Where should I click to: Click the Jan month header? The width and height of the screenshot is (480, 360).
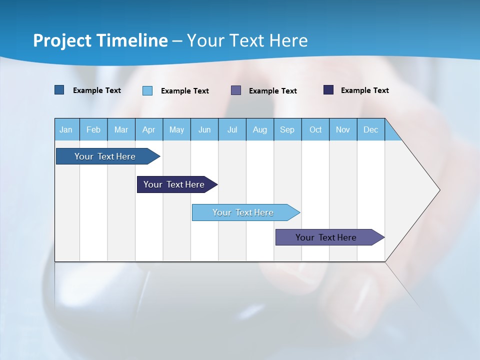pyautogui.click(x=66, y=129)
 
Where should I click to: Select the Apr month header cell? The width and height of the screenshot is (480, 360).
pyautogui.click(x=149, y=129)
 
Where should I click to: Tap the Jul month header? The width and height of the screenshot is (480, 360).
pyautogui.click(x=232, y=129)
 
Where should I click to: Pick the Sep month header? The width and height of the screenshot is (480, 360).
pyautogui.click(x=287, y=129)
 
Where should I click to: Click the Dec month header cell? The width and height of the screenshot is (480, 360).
pyautogui.click(x=371, y=129)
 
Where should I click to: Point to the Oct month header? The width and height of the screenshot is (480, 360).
pyautogui.click(x=315, y=129)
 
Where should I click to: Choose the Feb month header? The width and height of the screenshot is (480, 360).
pyautogui.click(x=93, y=129)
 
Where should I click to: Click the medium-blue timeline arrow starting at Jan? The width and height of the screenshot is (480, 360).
pyautogui.click(x=105, y=156)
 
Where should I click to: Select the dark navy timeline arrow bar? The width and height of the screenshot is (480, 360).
pyautogui.click(x=174, y=184)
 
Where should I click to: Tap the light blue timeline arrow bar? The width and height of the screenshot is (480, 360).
pyautogui.click(x=243, y=212)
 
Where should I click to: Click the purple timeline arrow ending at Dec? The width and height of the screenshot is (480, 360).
pyautogui.click(x=326, y=237)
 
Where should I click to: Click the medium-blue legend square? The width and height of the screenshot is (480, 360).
pyautogui.click(x=59, y=90)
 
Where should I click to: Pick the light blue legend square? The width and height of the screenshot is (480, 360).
pyautogui.click(x=147, y=90)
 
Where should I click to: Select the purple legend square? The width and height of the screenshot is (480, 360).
pyautogui.click(x=236, y=90)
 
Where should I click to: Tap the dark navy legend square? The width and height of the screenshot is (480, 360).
pyautogui.click(x=328, y=90)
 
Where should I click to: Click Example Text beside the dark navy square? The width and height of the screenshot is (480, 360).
pyautogui.click(x=364, y=90)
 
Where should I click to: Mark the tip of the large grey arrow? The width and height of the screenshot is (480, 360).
pyautogui.click(x=438, y=190)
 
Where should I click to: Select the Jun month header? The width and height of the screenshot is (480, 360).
pyautogui.click(x=204, y=129)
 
